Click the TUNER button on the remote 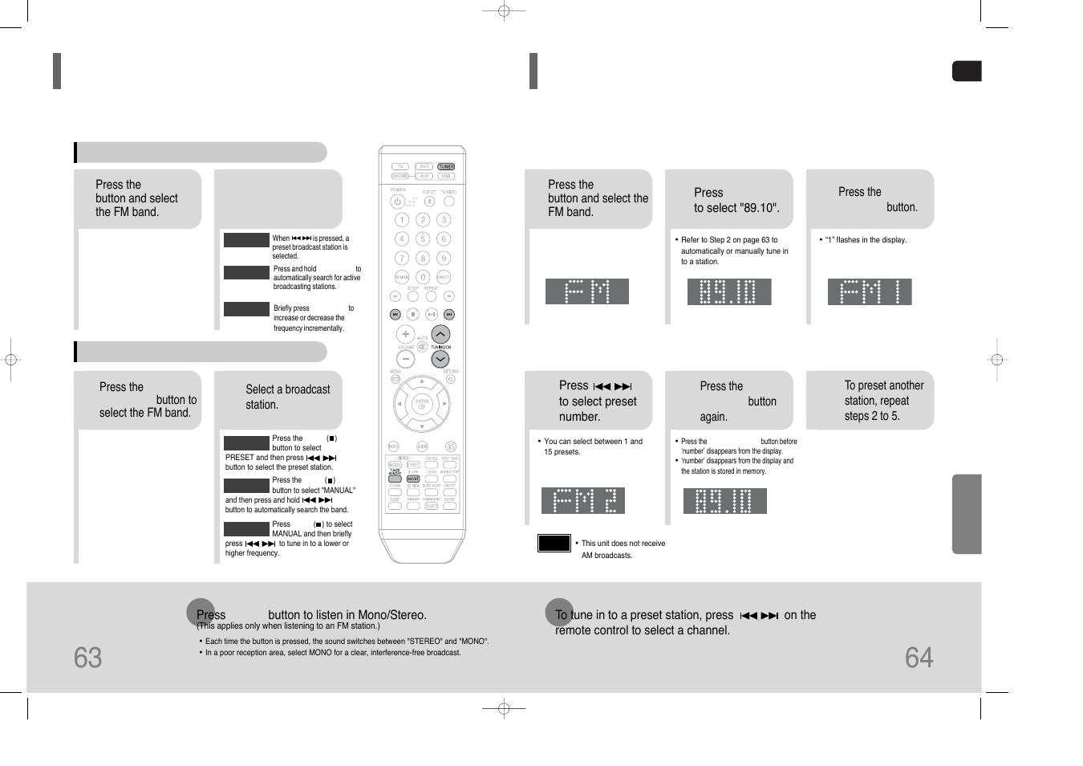[446, 167]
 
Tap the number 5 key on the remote [423, 238]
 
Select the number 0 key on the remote [423, 277]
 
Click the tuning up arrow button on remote [440, 334]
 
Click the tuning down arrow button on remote [440, 359]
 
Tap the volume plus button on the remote [406, 334]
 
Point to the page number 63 [88, 658]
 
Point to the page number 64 [919, 658]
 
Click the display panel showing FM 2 [582, 500]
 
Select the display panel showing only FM [586, 291]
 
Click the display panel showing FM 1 [869, 291]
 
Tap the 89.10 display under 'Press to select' [728, 291]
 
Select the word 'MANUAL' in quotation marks [338, 490]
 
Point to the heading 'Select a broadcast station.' [287, 397]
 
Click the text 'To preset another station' [883, 393]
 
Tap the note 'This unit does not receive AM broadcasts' [623, 549]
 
